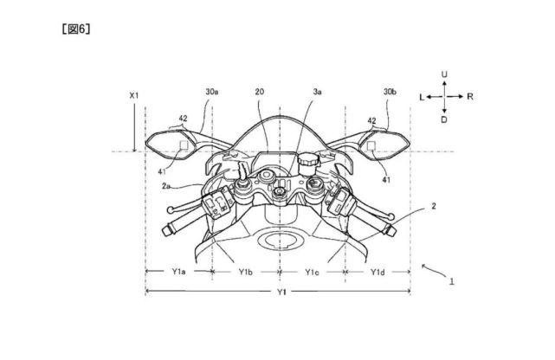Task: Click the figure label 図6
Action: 75,29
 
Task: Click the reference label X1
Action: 134,95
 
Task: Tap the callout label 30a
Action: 211,92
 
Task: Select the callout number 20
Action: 260,92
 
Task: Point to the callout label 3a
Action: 317,92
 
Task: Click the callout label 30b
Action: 390,92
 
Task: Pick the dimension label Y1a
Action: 178,272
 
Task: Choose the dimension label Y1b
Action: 245,272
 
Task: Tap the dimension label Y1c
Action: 312,272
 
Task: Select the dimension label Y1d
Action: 378,272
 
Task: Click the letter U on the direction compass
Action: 444,74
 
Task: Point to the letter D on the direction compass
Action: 444,119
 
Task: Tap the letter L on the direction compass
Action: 422,97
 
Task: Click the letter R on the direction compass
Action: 470,97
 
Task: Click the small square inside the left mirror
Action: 184,145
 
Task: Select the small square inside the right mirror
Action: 371,145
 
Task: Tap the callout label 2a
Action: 167,186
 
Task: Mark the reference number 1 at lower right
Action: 452,281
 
